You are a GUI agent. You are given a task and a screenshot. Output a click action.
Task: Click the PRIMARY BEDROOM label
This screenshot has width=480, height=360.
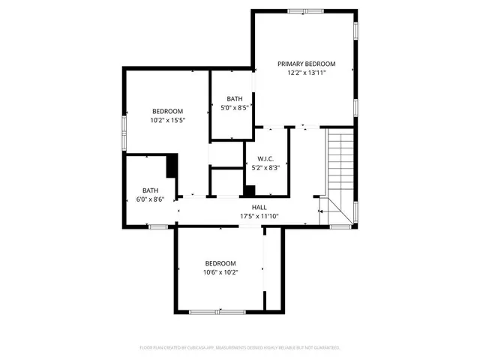click(x=306, y=64)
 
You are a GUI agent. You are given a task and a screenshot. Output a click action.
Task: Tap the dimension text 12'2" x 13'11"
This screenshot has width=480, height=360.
click(x=306, y=73)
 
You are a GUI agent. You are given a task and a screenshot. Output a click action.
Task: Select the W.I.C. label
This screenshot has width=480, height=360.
click(x=265, y=159)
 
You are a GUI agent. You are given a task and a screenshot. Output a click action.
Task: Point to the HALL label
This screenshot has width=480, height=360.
click(x=259, y=207)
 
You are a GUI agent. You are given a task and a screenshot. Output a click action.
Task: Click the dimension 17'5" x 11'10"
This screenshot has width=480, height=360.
click(x=259, y=216)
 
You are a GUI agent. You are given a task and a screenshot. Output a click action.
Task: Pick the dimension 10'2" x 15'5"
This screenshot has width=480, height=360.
click(x=167, y=120)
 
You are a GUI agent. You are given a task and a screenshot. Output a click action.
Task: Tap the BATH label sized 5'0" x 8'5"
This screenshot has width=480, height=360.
click(x=235, y=99)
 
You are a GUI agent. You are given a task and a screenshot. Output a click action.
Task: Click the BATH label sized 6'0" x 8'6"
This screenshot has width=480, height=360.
click(x=151, y=190)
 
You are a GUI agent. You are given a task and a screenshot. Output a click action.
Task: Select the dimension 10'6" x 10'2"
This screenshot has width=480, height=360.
click(x=220, y=272)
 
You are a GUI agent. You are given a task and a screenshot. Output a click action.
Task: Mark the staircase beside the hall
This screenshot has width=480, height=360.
click(x=339, y=165)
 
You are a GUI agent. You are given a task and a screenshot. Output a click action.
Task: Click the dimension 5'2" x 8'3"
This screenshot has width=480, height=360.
click(x=265, y=168)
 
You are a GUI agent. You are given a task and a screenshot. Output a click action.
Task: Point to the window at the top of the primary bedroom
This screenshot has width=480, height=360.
click(x=307, y=10)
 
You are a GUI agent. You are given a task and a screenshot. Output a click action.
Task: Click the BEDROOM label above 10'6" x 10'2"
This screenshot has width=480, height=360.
click(x=220, y=263)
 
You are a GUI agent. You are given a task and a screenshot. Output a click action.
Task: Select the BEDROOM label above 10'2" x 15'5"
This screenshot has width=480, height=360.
click(x=167, y=111)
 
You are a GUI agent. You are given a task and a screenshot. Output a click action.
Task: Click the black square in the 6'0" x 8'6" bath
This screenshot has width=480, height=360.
click(x=172, y=165)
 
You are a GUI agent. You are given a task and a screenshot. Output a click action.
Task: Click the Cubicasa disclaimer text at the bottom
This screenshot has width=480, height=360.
click(x=240, y=348)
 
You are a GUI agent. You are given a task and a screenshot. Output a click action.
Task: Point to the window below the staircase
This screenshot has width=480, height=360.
click(x=341, y=226)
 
